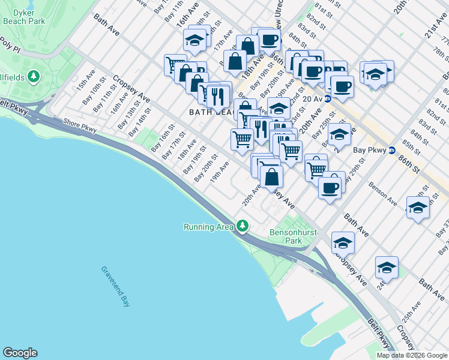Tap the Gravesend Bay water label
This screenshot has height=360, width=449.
(x=116, y=287)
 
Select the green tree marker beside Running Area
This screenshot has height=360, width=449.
(x=243, y=226)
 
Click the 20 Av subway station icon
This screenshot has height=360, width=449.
(x=328, y=99)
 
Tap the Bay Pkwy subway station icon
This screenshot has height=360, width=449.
(x=391, y=151)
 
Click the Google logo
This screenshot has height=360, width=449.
(x=20, y=353)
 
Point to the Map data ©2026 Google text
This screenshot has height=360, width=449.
(x=412, y=355)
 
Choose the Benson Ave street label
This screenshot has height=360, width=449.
(x=382, y=193)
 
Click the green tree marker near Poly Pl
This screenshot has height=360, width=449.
(x=34, y=76)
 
